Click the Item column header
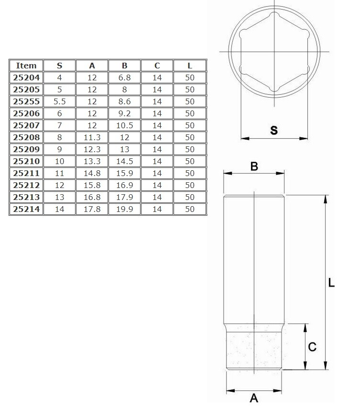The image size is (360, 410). pos(26,66)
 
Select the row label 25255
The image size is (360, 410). pos(26,101)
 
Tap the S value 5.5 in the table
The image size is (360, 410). pos(60,101)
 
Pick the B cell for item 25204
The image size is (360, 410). pos(125,78)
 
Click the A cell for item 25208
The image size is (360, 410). pos(92,137)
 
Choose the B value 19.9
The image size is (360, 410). pos(125,209)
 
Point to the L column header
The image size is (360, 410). pos(190,66)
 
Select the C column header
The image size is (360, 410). pos(157,66)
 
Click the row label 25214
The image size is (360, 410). pos(26,209)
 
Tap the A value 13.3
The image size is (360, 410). pos(92,161)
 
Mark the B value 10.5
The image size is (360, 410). pos(125,125)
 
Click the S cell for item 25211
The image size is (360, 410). pos(60,173)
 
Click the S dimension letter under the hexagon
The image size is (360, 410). pos(274,130)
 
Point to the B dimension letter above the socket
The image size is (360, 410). pos(254,166)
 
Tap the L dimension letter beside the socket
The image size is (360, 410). pos(332,283)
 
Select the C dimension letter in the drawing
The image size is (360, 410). pos(312,347)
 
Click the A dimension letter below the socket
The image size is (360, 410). pos(254,398)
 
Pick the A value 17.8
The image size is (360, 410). pos(92,209)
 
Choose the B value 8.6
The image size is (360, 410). pos(125,101)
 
